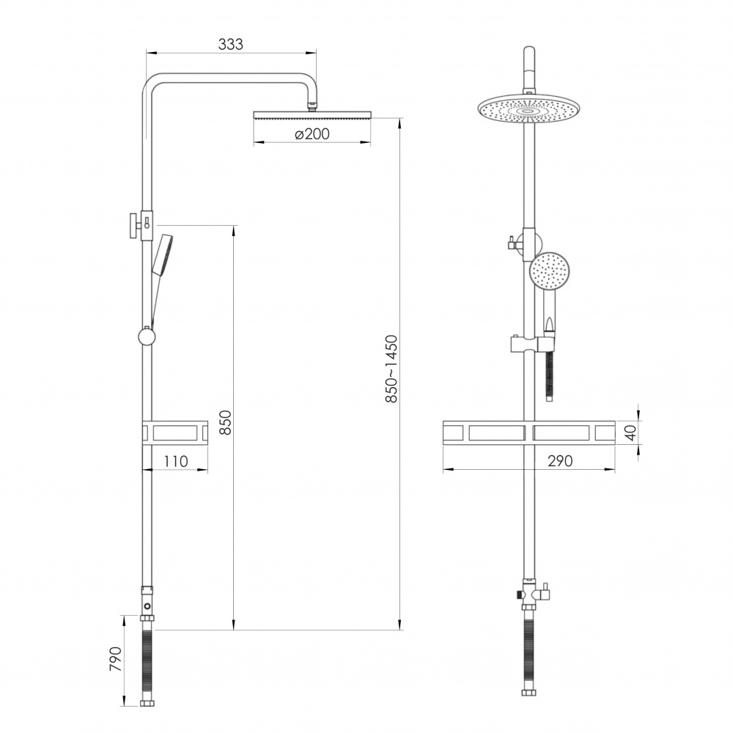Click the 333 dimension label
pyautogui.click(x=230, y=44)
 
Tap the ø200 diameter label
pyautogui.click(x=312, y=134)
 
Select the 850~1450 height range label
pyautogui.click(x=391, y=369)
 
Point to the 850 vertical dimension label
pyautogui.click(x=225, y=422)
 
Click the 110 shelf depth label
pyautogui.click(x=176, y=461)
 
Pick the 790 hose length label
pyautogui.click(x=115, y=659)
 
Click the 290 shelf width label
pyautogui.click(x=559, y=461)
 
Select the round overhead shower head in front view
pyautogui.click(x=528, y=110)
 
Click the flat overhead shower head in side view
pyautogui.click(x=312, y=114)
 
